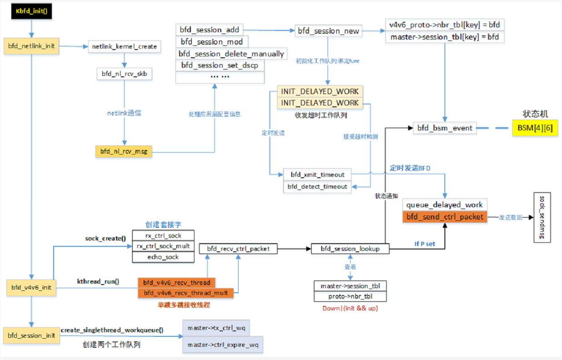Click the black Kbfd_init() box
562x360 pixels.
click(x=31, y=11)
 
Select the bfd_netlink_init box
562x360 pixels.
click(x=31, y=46)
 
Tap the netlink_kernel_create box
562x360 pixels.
click(x=124, y=46)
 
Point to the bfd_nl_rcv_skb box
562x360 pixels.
click(x=124, y=74)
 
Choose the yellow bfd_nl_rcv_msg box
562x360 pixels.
click(x=124, y=151)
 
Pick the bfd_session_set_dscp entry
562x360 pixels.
click(x=219, y=65)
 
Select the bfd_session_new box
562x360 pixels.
click(x=328, y=31)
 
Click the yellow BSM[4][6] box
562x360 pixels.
click(x=535, y=128)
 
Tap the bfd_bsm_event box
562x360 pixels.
click(x=445, y=128)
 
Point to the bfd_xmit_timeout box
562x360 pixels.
click(x=318, y=175)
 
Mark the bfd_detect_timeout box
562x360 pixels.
click(x=318, y=186)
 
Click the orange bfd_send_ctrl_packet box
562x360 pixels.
click(x=445, y=217)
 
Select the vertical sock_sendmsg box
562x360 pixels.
click(x=542, y=217)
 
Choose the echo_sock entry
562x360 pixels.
click(x=163, y=257)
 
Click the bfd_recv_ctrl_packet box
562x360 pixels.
click(x=238, y=249)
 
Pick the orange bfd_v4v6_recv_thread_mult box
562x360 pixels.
click(x=185, y=293)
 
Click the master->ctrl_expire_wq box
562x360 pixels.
click(x=223, y=345)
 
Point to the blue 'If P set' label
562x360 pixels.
click(x=424, y=244)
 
